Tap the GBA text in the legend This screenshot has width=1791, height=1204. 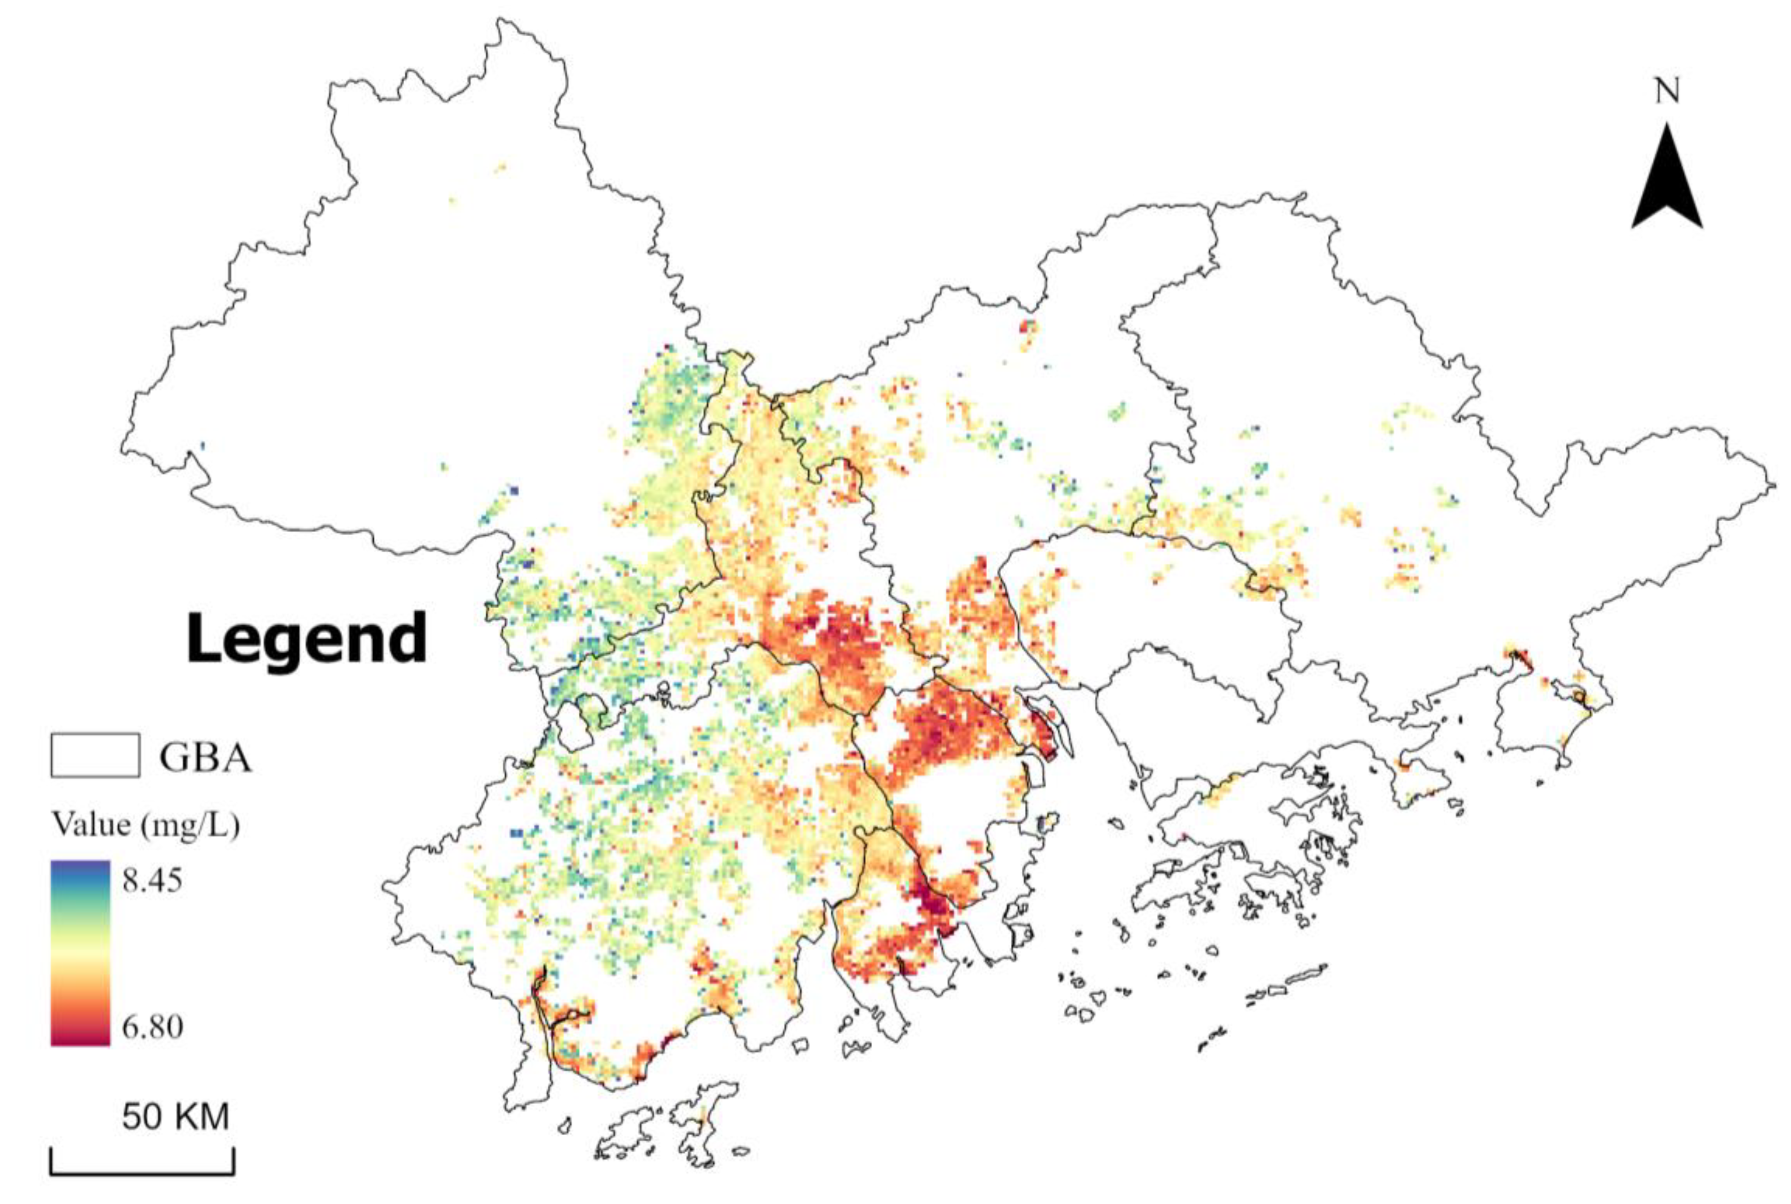[x=205, y=758]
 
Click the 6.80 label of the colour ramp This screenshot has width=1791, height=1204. [x=152, y=1026]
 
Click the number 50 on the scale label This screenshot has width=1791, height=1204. [x=141, y=1117]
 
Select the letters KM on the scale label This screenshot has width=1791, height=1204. [x=200, y=1117]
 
